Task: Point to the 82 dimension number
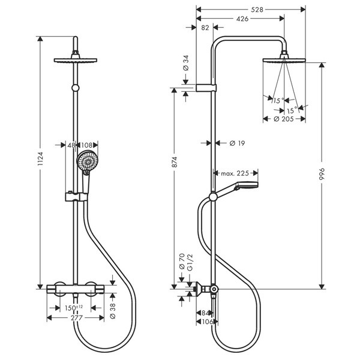point(205,27)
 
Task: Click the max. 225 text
point(234,173)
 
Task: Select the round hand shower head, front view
point(88,161)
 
